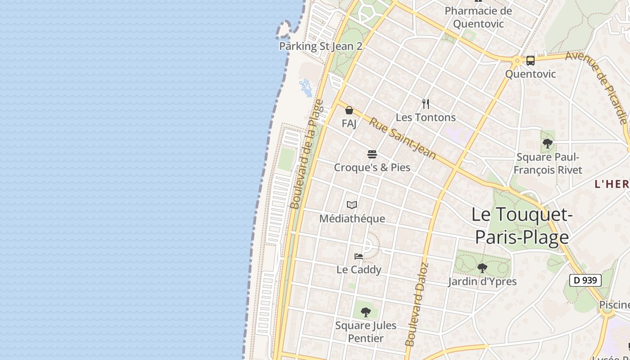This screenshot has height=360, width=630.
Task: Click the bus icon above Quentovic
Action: [x=531, y=61]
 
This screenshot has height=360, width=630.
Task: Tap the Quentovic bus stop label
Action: [x=531, y=74]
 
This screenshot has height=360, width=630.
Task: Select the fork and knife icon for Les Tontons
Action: [x=426, y=104]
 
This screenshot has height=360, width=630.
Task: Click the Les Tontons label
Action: [x=426, y=117]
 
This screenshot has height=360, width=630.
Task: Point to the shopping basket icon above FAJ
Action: [x=349, y=110]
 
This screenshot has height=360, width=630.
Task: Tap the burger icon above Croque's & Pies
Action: [x=372, y=154]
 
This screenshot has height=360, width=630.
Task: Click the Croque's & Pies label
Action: [x=372, y=167]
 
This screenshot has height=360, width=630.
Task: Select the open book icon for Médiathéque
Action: [x=352, y=205]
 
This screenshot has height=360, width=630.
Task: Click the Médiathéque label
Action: [x=352, y=219]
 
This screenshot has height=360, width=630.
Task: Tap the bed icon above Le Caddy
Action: [x=359, y=256]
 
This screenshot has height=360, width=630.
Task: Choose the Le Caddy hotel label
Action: [x=359, y=270]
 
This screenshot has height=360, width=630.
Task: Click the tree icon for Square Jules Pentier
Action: [x=366, y=311]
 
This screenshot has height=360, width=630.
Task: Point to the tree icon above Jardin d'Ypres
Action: [x=482, y=268]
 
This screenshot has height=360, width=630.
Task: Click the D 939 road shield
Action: [x=585, y=280]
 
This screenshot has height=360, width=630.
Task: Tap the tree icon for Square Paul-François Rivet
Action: [x=548, y=144]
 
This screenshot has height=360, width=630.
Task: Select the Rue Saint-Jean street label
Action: [x=403, y=138]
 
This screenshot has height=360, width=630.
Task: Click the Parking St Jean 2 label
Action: [x=320, y=46]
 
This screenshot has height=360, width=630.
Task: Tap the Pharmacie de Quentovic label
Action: [x=478, y=17]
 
